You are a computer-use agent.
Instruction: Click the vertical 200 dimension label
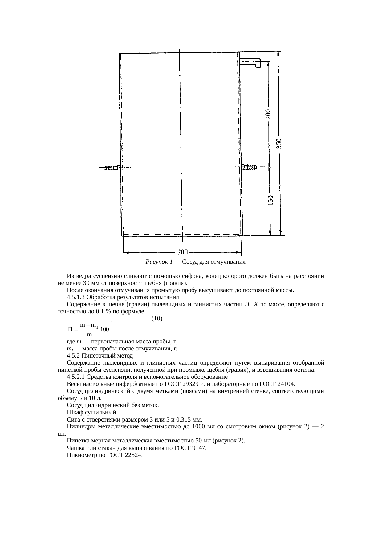pyautogui.click(x=269, y=114)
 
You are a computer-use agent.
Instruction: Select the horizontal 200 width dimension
pyautogui.click(x=182, y=252)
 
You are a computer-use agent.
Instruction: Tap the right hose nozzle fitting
pyautogui.click(x=249, y=167)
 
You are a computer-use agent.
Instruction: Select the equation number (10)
pyautogui.click(x=157, y=318)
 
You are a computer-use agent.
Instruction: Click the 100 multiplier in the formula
pyautogui.click(x=105, y=329)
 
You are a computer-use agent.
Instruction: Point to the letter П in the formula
pyautogui.click(x=71, y=329)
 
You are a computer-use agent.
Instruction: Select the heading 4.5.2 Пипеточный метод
pyautogui.click(x=100, y=356)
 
